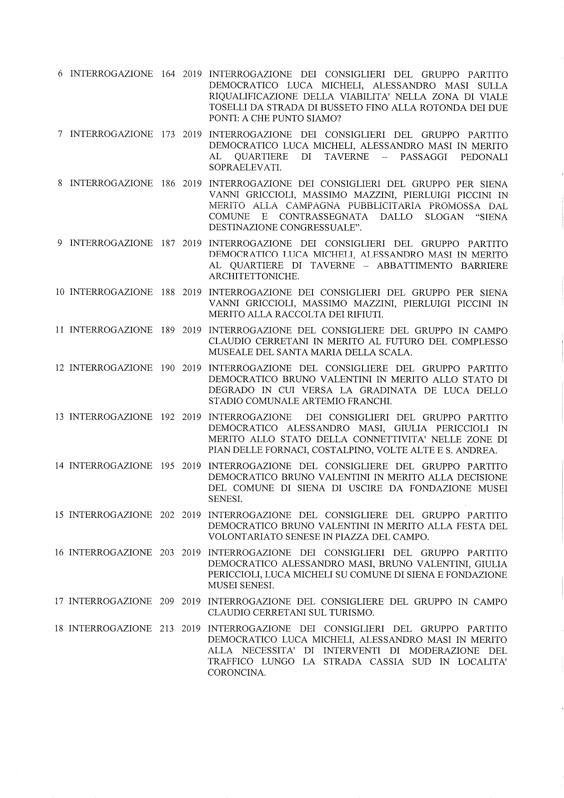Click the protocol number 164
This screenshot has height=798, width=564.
pos(168,74)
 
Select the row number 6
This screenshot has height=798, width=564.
pos(60,74)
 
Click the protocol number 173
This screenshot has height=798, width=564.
pos(168,134)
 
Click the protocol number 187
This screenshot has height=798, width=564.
pos(168,243)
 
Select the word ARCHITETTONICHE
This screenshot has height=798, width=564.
pos(254,276)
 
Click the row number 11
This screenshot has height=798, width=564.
pos(60,330)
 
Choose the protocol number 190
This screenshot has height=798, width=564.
pos(167,368)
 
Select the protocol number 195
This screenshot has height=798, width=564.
pos(167,466)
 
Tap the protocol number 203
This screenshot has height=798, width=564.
pos(167,552)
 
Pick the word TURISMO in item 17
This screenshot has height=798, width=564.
pos(352,612)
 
